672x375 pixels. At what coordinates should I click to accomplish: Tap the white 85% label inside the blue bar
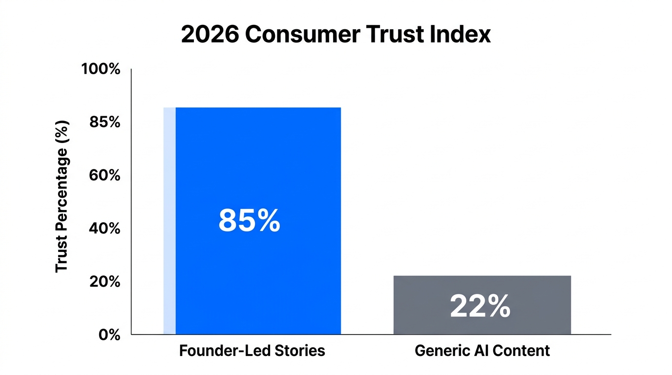(249, 221)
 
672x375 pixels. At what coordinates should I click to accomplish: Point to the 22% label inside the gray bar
(480, 307)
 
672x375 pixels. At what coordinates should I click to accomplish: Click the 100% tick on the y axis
(101, 69)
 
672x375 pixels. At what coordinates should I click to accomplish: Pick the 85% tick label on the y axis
(105, 122)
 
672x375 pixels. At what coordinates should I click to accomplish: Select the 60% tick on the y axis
(105, 175)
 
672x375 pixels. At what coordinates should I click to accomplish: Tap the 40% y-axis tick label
(105, 229)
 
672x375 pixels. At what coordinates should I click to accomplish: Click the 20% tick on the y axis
(105, 282)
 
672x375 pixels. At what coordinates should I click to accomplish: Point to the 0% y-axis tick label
(109, 335)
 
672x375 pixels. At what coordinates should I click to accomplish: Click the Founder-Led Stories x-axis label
(252, 351)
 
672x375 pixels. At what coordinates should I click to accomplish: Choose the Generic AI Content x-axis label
(482, 351)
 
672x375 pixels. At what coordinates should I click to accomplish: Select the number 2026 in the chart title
(209, 35)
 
